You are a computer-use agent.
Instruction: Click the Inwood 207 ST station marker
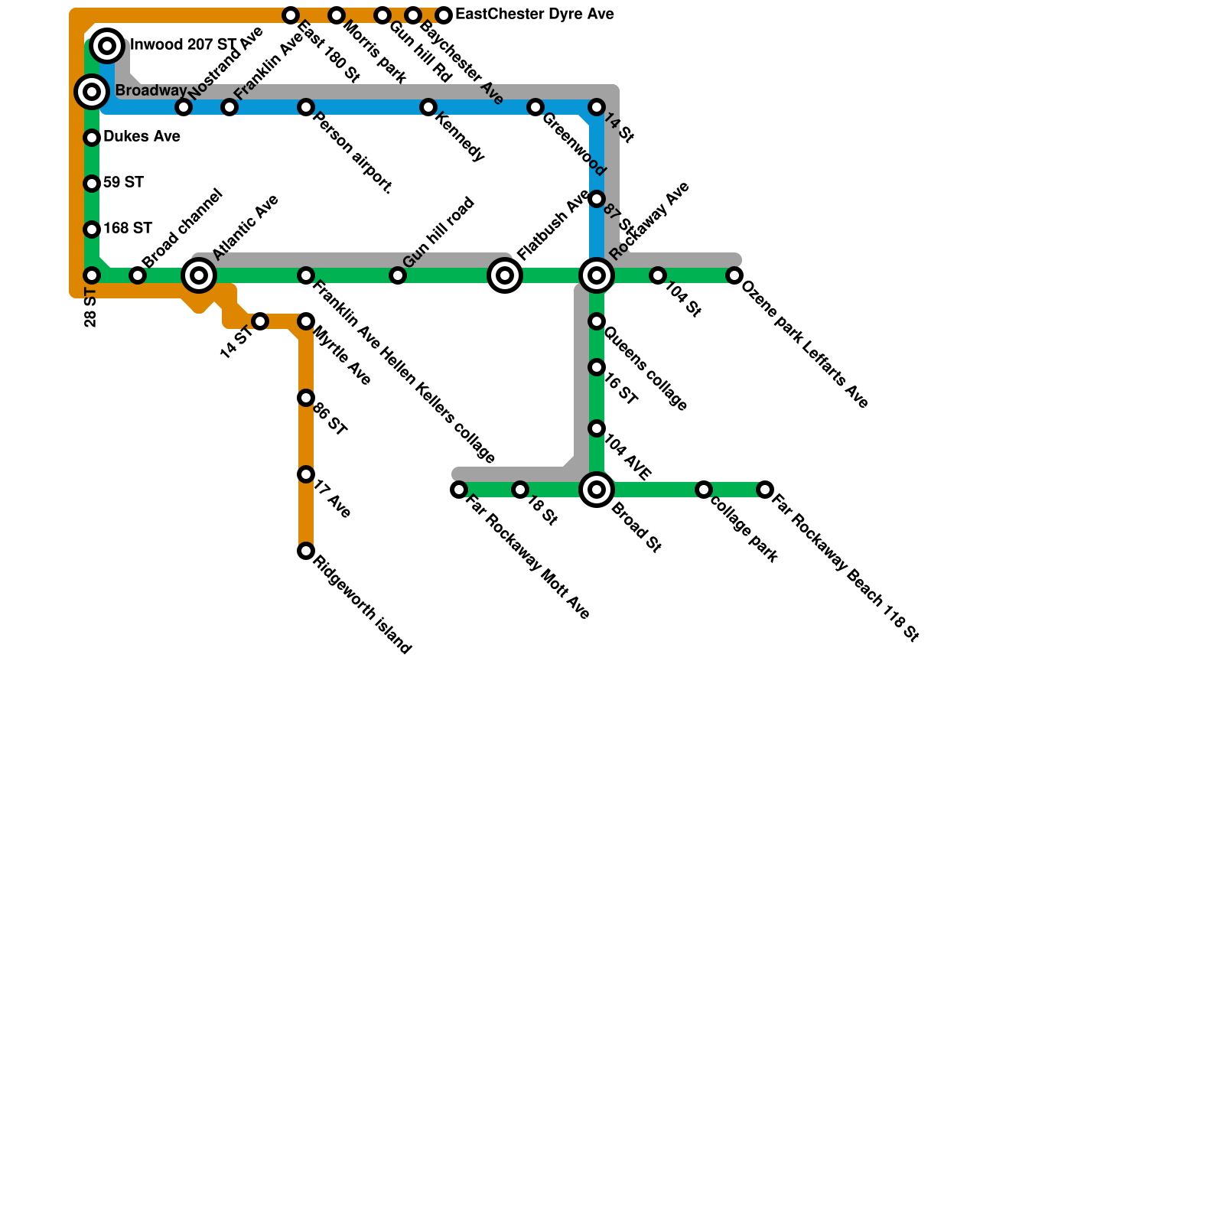coord(108,47)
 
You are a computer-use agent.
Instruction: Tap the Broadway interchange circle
coord(92,93)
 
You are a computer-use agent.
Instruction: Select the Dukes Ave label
coord(142,137)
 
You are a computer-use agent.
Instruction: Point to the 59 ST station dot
coord(92,184)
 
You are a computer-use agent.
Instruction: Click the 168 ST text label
coord(128,229)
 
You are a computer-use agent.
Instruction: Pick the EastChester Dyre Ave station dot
coord(444,15)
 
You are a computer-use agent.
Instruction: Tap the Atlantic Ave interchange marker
coord(199,275)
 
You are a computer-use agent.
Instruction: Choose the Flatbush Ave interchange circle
coord(505,275)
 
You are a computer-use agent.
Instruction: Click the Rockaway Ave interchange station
coord(597,275)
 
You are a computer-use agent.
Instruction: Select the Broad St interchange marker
coord(597,490)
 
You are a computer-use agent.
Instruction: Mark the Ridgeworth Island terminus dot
coord(306,551)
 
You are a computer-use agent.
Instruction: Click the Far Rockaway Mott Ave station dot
coord(459,490)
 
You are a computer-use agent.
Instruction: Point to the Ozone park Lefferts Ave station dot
coord(734,275)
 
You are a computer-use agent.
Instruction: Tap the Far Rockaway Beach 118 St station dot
coord(765,490)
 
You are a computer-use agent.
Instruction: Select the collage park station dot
coord(704,490)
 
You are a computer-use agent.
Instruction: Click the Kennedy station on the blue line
coord(428,107)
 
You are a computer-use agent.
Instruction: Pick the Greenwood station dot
coord(535,107)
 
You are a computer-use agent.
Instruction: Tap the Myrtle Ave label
coord(342,356)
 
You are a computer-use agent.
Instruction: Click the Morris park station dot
coord(337,15)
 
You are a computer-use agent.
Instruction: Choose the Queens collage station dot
coord(597,321)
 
